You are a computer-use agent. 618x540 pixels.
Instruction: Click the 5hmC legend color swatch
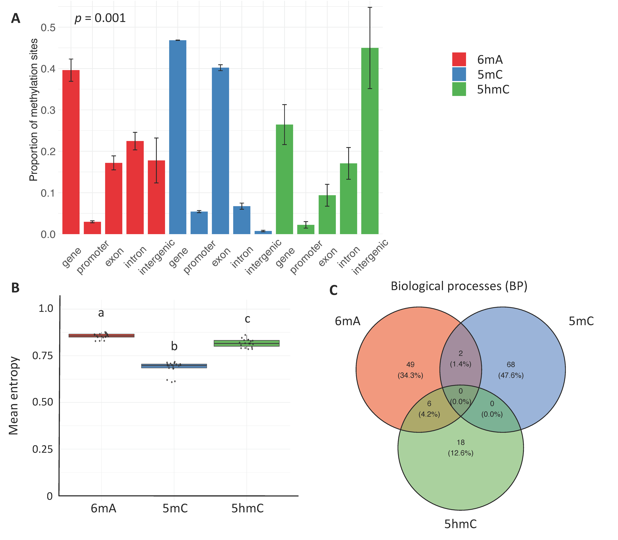pos(459,89)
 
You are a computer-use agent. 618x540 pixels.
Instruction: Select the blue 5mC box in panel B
pos(174,366)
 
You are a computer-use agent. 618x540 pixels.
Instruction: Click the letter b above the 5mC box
pos(174,346)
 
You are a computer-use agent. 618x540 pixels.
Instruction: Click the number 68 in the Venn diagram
pos(511,365)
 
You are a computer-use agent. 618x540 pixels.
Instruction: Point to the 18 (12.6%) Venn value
pos(461,447)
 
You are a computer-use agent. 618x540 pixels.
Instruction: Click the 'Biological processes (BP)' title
pos(459,286)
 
